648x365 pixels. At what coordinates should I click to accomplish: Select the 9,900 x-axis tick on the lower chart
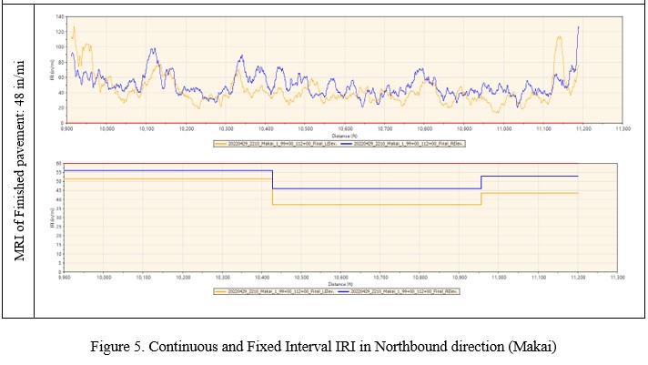coord(66,276)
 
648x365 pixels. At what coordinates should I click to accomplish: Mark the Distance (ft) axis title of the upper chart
coord(341,136)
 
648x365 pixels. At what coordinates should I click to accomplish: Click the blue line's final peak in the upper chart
coord(578,27)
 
